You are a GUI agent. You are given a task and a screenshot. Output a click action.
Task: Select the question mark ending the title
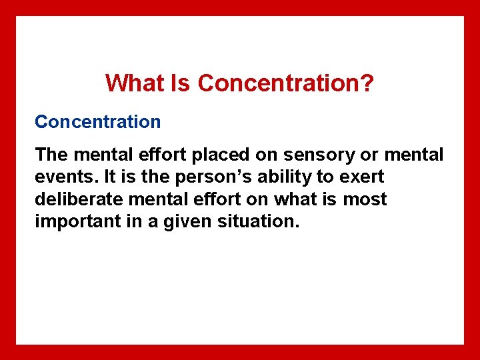point(367,83)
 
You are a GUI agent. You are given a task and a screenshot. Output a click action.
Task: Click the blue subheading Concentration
point(98,122)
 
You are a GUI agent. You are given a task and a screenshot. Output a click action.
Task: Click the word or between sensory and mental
point(366,155)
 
